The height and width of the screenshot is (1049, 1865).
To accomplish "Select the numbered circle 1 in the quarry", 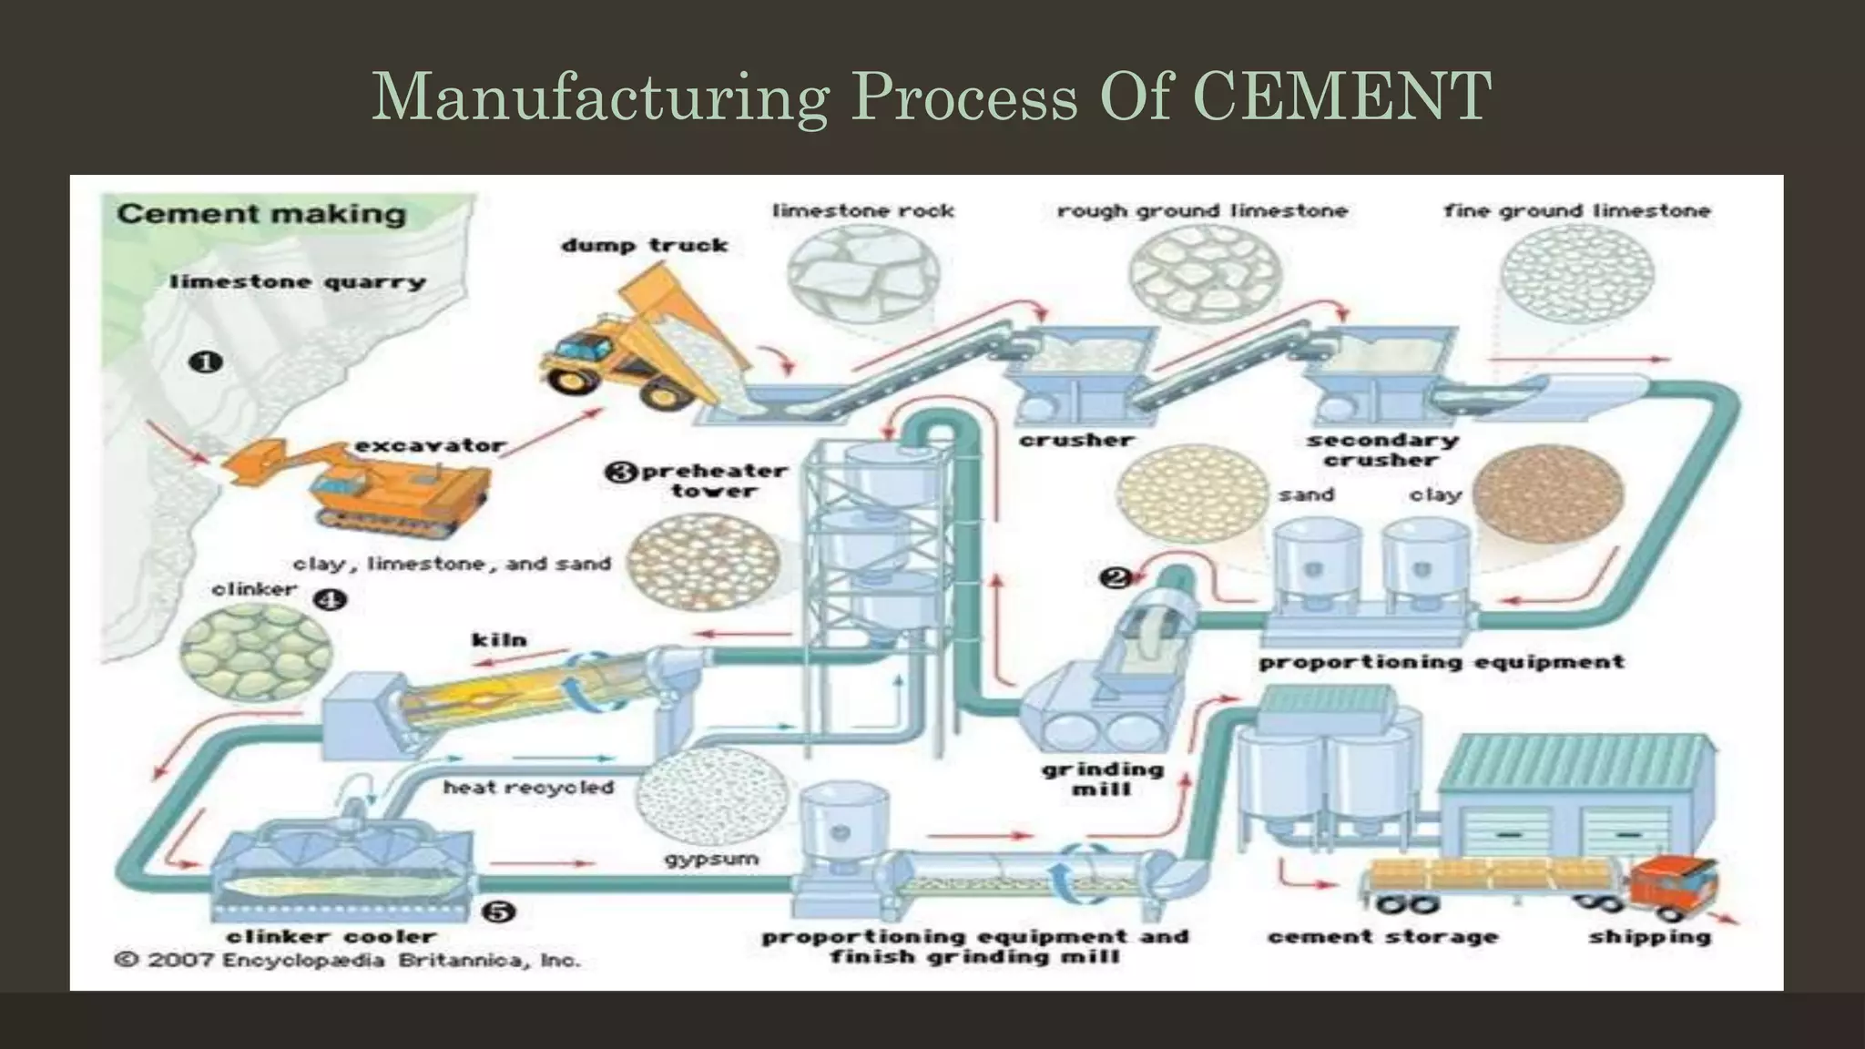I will tap(205, 362).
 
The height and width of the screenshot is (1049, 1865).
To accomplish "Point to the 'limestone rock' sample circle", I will tap(863, 272).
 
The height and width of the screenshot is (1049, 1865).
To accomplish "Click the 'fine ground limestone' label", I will tap(1576, 211).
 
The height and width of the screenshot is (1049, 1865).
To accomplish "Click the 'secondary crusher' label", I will tap(1381, 450).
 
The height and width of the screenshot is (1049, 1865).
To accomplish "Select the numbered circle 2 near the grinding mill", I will tap(1116, 577).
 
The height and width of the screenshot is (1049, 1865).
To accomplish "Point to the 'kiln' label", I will tap(499, 640).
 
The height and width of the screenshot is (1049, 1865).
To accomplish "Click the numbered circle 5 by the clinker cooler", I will tap(498, 912).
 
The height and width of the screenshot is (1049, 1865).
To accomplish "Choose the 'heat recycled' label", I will tap(528, 787).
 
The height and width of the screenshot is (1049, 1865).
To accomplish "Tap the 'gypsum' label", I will tap(711, 859).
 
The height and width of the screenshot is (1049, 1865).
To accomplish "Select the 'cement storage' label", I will tap(1381, 936).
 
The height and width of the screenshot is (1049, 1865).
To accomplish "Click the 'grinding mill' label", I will tap(1102, 779).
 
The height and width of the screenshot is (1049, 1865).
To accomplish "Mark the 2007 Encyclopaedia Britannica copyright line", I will tap(347, 960).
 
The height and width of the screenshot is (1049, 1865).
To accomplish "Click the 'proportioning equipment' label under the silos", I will tap(1441, 662).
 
